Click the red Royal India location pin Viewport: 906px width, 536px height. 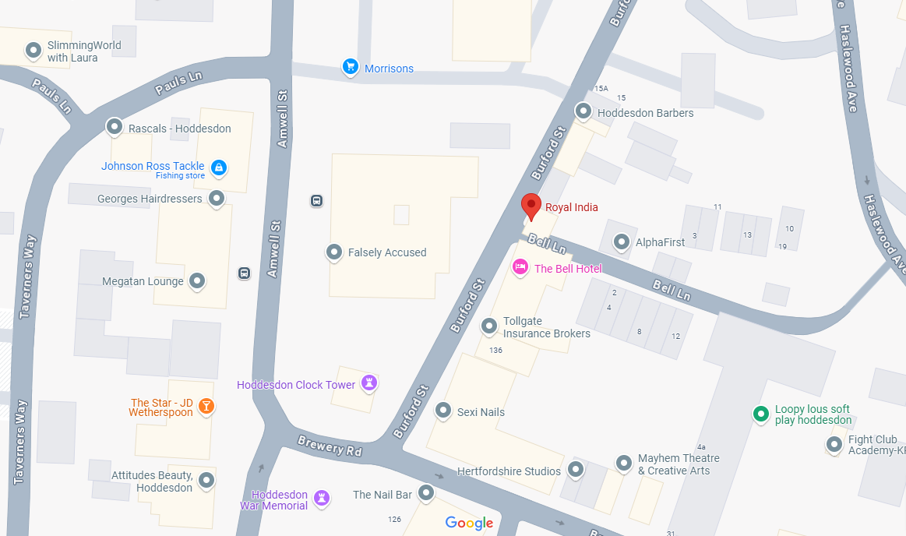pos(531,206)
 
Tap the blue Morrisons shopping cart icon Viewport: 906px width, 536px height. pos(351,68)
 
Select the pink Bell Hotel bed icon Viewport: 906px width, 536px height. pos(520,268)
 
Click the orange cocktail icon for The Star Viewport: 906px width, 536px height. pos(206,405)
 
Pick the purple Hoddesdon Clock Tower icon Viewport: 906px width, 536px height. pos(369,383)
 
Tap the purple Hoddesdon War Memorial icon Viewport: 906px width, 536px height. pos(321,497)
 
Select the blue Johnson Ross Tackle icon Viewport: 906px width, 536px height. pos(219,167)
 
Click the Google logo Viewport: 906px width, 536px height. pos(469,523)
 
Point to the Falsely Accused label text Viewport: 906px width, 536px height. pos(387,252)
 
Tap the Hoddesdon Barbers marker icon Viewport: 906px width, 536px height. pos(583,111)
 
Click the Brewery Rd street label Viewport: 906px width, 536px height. pos(330,446)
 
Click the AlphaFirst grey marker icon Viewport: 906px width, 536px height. pos(621,242)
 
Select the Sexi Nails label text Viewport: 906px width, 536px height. pos(481,412)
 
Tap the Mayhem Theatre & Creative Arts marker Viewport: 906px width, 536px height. pos(623,464)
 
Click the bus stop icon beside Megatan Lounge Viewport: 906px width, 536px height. pos(244,273)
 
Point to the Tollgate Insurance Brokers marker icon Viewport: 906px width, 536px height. pos(488,326)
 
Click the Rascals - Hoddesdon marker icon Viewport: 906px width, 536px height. pos(115,126)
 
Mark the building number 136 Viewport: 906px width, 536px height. pos(496,351)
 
